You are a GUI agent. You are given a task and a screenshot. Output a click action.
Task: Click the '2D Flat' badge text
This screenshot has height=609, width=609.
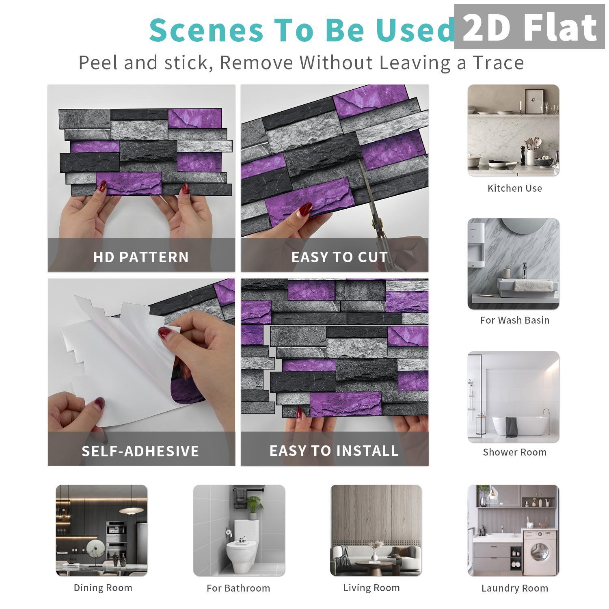pyautogui.click(x=529, y=28)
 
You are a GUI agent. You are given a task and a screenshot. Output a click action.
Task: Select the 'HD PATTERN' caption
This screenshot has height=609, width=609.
pyautogui.click(x=141, y=257)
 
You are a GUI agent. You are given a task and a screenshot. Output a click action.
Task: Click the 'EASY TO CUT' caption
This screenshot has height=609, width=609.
pyautogui.click(x=339, y=257)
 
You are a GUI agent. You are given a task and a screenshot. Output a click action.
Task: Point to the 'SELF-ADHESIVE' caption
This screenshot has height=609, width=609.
pyautogui.click(x=140, y=451)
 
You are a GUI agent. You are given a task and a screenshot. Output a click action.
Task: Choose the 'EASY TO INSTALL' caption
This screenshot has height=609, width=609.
pyautogui.click(x=334, y=451)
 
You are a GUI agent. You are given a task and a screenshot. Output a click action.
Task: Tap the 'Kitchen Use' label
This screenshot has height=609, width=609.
pyautogui.click(x=514, y=188)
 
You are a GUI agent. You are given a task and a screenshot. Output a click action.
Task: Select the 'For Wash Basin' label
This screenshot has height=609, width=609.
pyautogui.click(x=514, y=320)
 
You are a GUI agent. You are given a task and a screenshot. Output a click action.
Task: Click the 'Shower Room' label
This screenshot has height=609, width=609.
pyautogui.click(x=514, y=452)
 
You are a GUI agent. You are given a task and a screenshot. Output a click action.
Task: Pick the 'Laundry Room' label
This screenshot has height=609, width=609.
pyautogui.click(x=514, y=588)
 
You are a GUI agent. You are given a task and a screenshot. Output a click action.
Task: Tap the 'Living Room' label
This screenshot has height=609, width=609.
pyautogui.click(x=371, y=588)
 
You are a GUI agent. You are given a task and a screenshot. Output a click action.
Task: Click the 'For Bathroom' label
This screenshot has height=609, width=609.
pyautogui.click(x=238, y=588)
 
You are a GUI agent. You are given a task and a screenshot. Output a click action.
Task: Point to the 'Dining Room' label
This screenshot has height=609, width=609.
pyautogui.click(x=103, y=588)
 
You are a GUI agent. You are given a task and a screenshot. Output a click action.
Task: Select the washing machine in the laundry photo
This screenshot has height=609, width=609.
pyautogui.click(x=539, y=552)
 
